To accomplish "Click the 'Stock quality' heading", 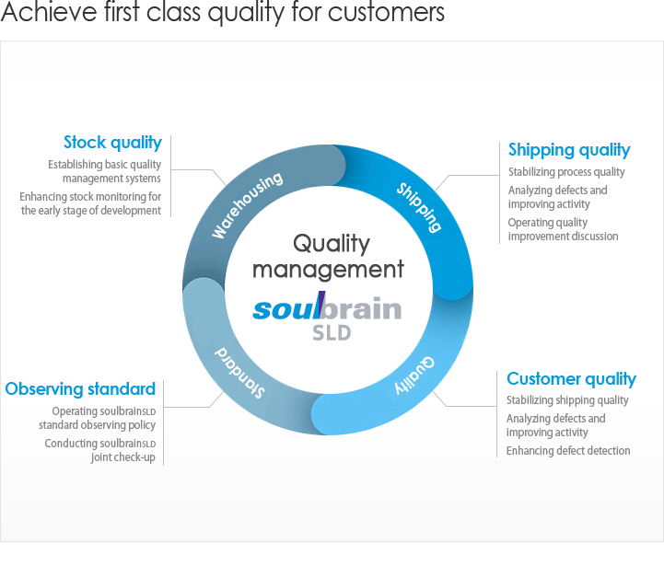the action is pos(112,143).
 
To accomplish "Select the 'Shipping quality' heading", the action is pos(569,150).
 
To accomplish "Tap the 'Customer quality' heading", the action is pos(571,379).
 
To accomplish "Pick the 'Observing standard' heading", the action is pos(80,388).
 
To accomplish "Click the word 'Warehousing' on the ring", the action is pos(247,205).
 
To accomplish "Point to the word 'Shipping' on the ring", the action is pos(419,207).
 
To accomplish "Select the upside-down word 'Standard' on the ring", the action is pos(239,373).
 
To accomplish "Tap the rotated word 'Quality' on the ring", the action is pos(414,376).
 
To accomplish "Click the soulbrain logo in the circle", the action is pos(327,306).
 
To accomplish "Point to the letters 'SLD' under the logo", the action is pos(332,333).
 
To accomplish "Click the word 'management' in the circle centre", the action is pos(328,270).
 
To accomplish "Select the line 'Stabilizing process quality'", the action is pos(566,172).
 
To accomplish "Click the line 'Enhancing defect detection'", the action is pos(568,451).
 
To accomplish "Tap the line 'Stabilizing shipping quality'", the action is pos(567,400).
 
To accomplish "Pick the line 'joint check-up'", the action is pos(123,457).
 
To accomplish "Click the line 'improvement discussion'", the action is pos(564,237).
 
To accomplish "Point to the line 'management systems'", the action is pos(111,179).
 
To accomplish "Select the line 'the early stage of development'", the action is pos(91,211).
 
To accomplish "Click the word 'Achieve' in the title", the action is pos(49,11).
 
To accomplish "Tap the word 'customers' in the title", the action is pos(386,12).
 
